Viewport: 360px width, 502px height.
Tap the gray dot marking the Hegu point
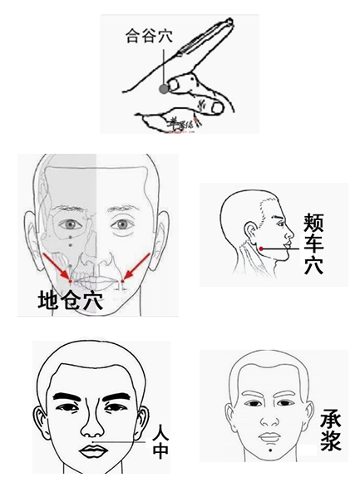tap(165, 86)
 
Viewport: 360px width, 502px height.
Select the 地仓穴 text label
tap(71, 301)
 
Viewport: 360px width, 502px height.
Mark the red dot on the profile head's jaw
tap(260, 249)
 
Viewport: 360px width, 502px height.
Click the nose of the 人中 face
tap(93, 426)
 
